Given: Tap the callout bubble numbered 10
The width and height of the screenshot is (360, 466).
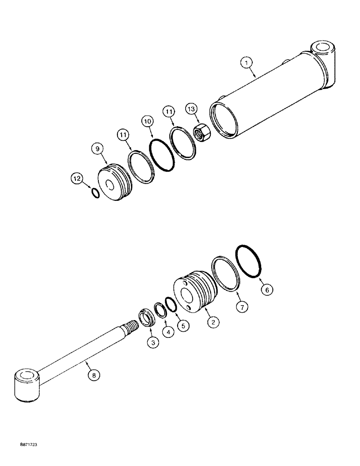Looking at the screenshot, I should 147,121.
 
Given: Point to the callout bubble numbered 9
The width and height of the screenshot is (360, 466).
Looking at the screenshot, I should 97,150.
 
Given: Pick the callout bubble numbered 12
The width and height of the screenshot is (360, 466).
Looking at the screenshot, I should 77,178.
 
